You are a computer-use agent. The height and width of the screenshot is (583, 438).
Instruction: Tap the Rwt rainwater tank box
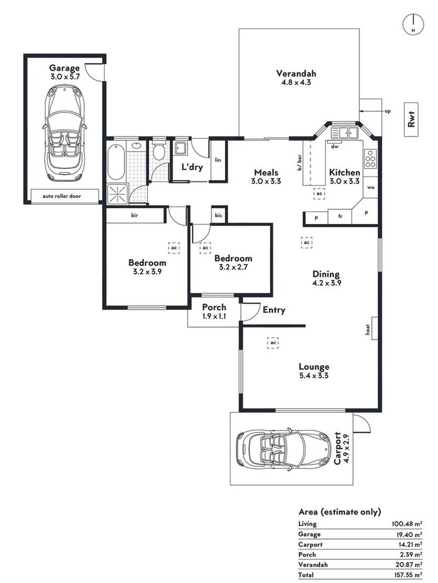[412, 118]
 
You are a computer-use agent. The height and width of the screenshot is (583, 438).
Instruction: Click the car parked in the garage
[64, 135]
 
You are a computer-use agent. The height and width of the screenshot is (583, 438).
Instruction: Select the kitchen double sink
[345, 133]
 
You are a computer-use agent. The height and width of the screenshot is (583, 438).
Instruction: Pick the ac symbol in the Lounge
[273, 343]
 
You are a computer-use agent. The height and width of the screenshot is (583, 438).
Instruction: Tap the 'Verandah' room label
[296, 74]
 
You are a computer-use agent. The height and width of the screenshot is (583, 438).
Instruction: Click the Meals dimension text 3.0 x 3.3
[266, 182]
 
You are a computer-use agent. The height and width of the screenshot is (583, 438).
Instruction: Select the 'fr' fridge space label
[340, 216]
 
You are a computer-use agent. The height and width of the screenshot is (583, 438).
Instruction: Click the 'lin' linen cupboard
[218, 160]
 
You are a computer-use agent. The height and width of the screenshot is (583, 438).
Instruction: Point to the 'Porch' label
[214, 307]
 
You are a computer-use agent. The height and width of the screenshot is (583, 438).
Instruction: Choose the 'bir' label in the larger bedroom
[135, 215]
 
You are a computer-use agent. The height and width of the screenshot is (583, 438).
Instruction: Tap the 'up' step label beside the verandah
[387, 111]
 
